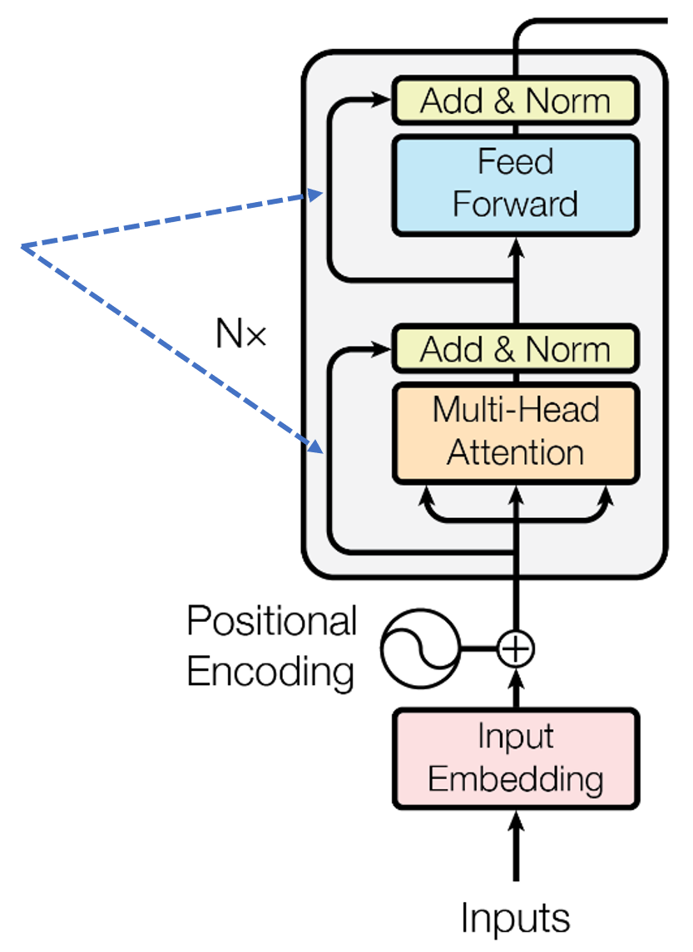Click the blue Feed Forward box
point(516,184)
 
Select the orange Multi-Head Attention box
point(516,432)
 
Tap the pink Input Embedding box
point(516,758)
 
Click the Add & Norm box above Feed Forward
point(516,101)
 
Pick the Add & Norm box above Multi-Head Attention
point(516,349)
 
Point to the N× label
point(240,334)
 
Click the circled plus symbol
point(516,648)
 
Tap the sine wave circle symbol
point(420,648)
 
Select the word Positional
point(271,622)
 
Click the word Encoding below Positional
point(271,670)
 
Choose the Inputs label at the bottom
point(516,918)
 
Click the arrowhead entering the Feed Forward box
point(516,245)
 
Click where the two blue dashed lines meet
point(22,246)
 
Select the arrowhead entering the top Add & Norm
point(384,101)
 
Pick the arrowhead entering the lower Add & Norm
point(384,349)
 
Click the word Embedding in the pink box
point(516,780)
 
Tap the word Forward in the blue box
point(516,205)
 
